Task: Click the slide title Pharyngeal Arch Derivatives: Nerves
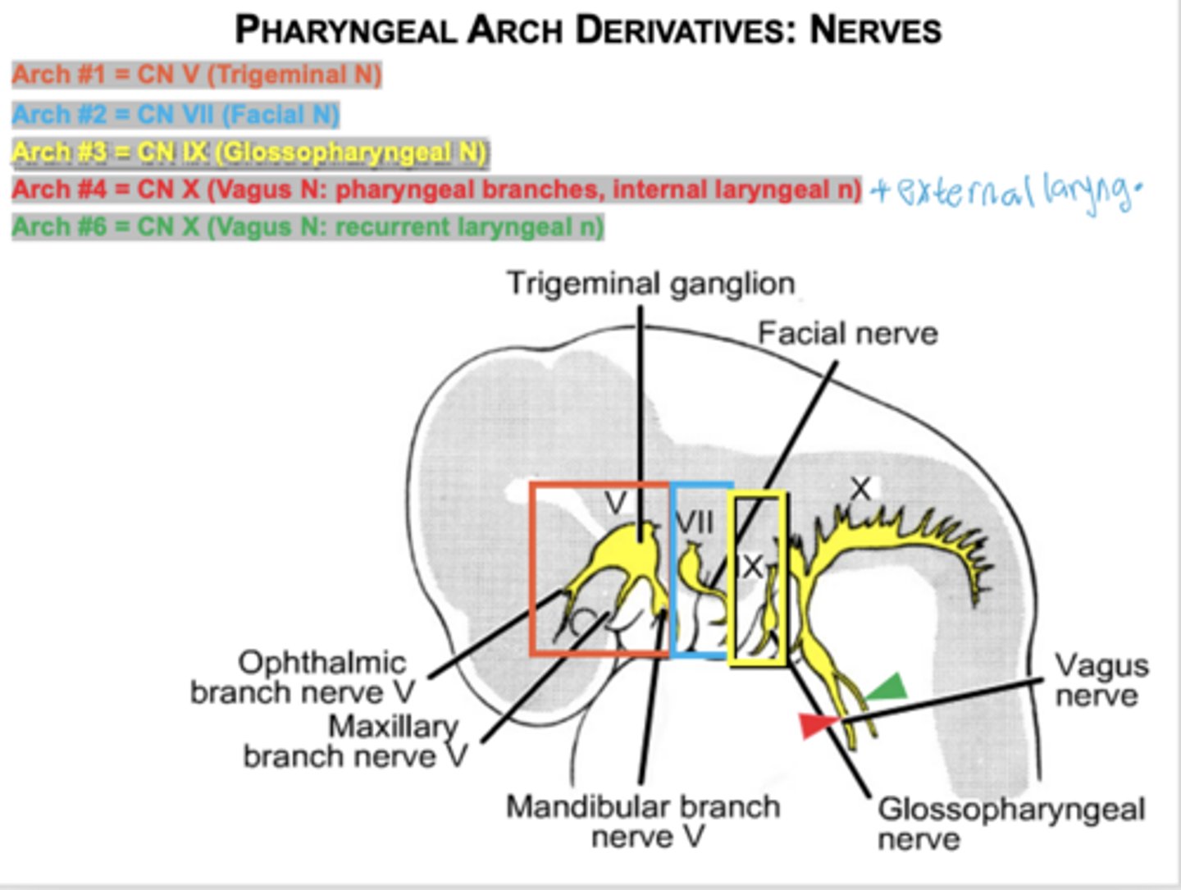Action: pyautogui.click(x=588, y=30)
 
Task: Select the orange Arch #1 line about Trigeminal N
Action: pyautogui.click(x=197, y=75)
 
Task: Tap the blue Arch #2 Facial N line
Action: pyautogui.click(x=176, y=114)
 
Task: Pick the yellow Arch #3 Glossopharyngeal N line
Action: pyautogui.click(x=249, y=153)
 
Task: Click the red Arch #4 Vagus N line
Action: pyautogui.click(x=436, y=189)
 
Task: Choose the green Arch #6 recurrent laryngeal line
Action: pyautogui.click(x=308, y=227)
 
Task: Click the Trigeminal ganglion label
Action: pyautogui.click(x=650, y=284)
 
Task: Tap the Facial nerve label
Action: pyautogui.click(x=847, y=334)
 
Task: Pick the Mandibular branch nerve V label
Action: pyautogui.click(x=643, y=821)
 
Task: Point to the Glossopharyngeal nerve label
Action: pyautogui.click(x=1010, y=824)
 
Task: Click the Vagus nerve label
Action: pyautogui.click(x=1100, y=681)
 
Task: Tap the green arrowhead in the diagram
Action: pyautogui.click(x=889, y=688)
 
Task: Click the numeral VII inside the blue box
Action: pyautogui.click(x=694, y=523)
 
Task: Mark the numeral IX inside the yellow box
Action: pyautogui.click(x=750, y=566)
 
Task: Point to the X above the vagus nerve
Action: pyautogui.click(x=860, y=489)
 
